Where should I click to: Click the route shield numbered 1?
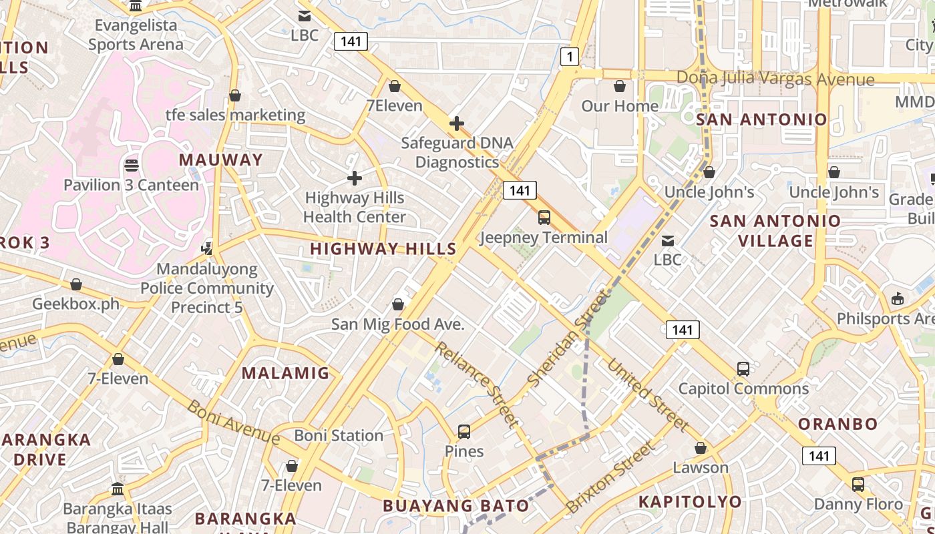569,57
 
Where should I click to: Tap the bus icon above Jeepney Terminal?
544,217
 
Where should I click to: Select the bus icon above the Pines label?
464,432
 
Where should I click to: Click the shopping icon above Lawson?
701,448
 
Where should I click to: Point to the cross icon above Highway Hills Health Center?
355,178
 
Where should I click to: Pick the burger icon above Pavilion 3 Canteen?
132,165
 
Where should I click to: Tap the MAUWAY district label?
221,160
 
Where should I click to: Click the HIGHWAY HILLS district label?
383,249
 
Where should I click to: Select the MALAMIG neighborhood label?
286,373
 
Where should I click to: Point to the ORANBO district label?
838,424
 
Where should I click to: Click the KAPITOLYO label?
690,502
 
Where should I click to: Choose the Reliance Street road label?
476,384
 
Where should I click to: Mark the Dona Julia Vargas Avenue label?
775,79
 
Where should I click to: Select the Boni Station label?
339,436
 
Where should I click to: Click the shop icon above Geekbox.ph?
76,285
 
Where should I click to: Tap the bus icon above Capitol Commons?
743,368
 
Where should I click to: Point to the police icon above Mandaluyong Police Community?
207,249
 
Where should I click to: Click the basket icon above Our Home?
620,87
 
